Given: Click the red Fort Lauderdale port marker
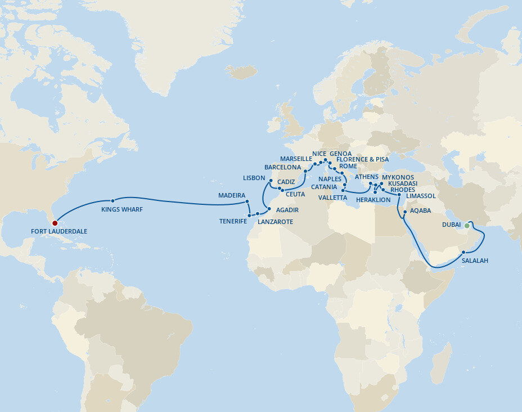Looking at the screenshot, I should pyautogui.click(x=55, y=223).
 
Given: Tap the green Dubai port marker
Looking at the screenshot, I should pyautogui.click(x=466, y=226).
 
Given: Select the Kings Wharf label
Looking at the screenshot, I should pyautogui.click(x=121, y=209).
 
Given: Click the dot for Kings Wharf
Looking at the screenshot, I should pyautogui.click(x=113, y=200).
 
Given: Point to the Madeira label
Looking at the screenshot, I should pyautogui.click(x=232, y=195).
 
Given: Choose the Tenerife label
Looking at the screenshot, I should pyautogui.click(x=233, y=221).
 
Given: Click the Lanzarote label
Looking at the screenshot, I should pyautogui.click(x=275, y=222).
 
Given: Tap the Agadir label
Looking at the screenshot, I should pyautogui.click(x=286, y=210).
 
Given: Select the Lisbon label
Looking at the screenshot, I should pyautogui.click(x=254, y=177).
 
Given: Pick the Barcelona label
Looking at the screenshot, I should pyautogui.click(x=283, y=167).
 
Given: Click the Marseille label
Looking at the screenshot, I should pyautogui.click(x=296, y=159).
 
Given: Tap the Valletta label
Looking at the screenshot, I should pyautogui.click(x=332, y=198).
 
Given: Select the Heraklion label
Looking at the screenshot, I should pyautogui.click(x=373, y=200).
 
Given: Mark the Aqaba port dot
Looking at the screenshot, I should pyautogui.click(x=404, y=212).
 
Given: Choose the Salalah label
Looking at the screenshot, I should pyautogui.click(x=475, y=261).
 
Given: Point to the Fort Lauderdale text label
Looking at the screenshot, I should pyautogui.click(x=59, y=231).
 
